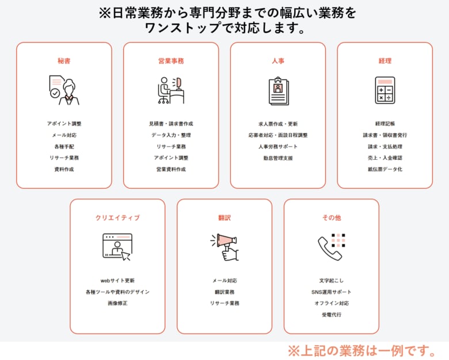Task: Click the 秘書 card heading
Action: (64, 61)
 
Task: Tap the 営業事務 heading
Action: (171, 61)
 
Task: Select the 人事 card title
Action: (278, 61)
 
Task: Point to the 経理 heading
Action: (385, 61)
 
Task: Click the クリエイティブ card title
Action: (117, 218)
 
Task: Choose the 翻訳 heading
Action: (224, 218)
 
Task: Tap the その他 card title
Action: (332, 218)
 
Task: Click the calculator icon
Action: (385, 90)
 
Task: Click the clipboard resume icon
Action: (279, 91)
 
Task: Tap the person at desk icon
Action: (170, 90)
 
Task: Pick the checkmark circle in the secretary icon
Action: (55, 93)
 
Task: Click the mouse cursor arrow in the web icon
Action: (126, 255)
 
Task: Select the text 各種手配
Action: (64, 147)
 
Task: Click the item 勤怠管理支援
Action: (278, 158)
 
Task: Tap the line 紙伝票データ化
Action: (385, 170)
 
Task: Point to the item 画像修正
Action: (117, 303)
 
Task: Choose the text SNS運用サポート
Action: (332, 292)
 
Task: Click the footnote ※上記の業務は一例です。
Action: (362, 351)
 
